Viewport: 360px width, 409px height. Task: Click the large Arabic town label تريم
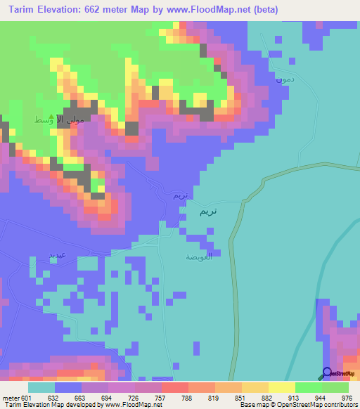click(208, 211)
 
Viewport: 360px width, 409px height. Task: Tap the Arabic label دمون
click(282, 81)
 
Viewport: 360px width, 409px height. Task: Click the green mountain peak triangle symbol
click(51, 119)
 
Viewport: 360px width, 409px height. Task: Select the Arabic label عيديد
click(57, 252)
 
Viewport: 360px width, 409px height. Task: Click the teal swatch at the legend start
click(41, 387)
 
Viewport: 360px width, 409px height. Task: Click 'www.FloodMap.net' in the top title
click(215, 10)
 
